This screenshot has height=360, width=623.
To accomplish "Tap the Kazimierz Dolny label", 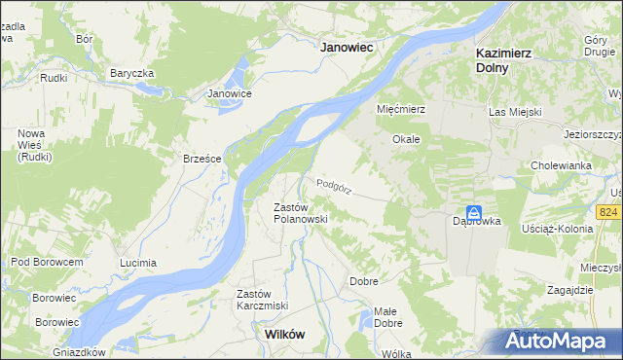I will (x=504, y=60).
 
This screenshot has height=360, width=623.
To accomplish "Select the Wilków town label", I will (x=284, y=334).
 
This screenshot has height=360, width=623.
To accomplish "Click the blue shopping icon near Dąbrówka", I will (x=473, y=212).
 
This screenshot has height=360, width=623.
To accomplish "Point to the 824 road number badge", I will (x=610, y=212).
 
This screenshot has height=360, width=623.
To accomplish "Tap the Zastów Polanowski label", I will (x=299, y=213).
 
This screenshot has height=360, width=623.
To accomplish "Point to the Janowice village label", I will (x=230, y=93).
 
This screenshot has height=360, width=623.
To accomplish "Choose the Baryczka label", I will (x=132, y=73).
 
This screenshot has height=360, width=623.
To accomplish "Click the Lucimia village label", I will (x=137, y=263).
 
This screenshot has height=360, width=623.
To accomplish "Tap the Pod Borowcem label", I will (x=47, y=262).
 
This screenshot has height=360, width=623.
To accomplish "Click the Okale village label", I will (x=406, y=139).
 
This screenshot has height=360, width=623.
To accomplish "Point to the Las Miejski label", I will (x=514, y=113).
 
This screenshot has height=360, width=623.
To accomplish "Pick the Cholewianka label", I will (x=562, y=165).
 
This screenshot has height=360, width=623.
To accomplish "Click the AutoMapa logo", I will (x=560, y=341).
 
